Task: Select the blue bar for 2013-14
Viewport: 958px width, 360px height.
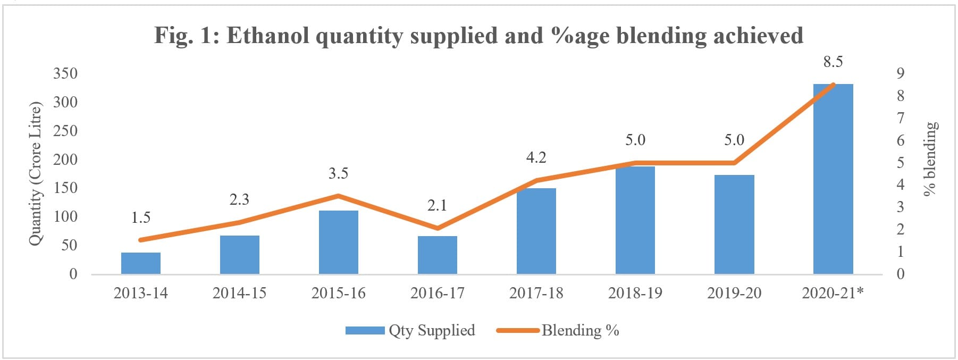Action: click(141, 263)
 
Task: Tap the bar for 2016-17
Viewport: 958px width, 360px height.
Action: click(437, 255)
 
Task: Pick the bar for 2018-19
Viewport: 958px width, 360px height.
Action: click(635, 220)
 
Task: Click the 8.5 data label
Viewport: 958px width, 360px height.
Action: click(833, 62)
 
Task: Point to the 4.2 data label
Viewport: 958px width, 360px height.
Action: click(536, 157)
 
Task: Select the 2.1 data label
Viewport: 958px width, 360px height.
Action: click(437, 205)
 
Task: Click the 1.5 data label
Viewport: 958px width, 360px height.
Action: click(141, 217)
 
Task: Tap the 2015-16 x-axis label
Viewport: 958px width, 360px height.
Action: click(338, 293)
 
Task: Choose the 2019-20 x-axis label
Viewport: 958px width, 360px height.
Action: click(734, 293)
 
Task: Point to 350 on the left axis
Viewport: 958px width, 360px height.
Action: click(65, 73)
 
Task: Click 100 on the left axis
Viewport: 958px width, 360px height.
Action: click(65, 216)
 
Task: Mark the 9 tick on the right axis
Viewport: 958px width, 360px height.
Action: click(900, 73)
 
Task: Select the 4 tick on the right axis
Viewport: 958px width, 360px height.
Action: click(900, 185)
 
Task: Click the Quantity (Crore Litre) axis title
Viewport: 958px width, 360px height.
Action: click(35, 173)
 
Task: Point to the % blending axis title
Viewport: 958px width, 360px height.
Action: click(930, 159)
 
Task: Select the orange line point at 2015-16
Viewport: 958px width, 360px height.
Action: click(338, 196)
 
